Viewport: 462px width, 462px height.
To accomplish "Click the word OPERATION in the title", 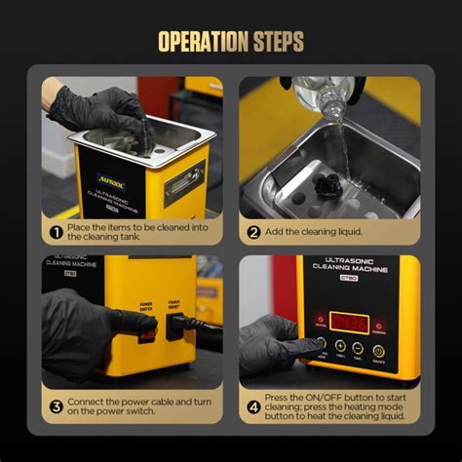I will pos(199,41).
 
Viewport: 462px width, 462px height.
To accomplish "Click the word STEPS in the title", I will pos(277,41).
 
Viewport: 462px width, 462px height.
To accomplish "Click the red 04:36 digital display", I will pos(348,322).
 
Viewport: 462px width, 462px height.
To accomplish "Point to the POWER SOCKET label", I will pos(175,305).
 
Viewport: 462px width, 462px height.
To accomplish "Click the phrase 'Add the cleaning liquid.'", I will pos(312,232).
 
